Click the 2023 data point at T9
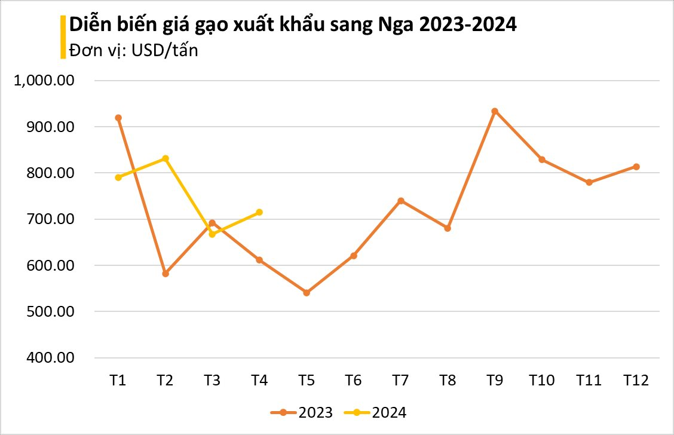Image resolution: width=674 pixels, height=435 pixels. tap(495, 111)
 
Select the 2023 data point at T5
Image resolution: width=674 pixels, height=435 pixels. tap(307, 293)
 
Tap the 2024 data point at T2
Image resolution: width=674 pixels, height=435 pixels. tap(166, 158)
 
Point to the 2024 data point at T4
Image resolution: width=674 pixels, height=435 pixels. tap(259, 212)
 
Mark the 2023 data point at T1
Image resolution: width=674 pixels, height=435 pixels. tap(118, 118)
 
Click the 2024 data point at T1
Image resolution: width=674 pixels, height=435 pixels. tap(118, 177)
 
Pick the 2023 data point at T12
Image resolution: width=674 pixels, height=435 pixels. tap(636, 167)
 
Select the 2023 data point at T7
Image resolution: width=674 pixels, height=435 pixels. tap(401, 201)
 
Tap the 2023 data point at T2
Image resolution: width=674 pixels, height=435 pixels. tap(166, 274)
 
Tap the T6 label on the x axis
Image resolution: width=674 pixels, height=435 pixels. tap(354, 380)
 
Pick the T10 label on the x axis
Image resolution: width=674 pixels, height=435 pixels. tap(542, 380)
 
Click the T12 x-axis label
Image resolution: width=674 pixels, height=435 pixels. tap(636, 380)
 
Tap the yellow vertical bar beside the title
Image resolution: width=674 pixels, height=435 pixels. tap(63, 37)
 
